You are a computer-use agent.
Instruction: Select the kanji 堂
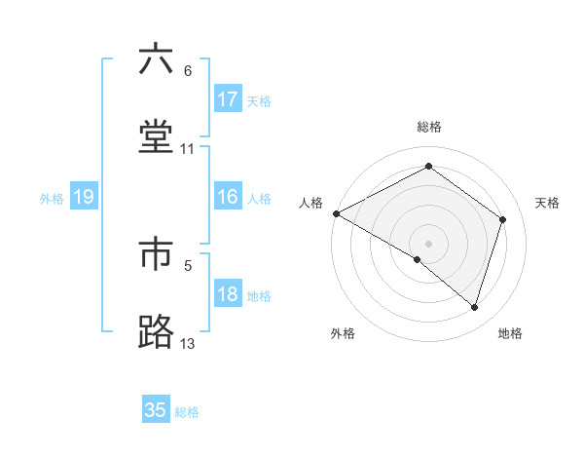[x=156, y=136]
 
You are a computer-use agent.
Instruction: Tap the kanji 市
[x=156, y=254]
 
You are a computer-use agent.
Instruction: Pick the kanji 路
[x=156, y=331]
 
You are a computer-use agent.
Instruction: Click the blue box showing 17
[x=228, y=99]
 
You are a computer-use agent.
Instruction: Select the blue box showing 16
[x=228, y=197]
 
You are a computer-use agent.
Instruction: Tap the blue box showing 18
[x=228, y=294]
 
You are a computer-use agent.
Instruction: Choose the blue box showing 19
[x=84, y=197]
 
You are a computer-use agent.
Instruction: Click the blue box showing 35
[x=156, y=410]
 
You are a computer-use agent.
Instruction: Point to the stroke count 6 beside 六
[x=187, y=71]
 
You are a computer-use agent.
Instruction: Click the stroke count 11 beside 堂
[x=187, y=149]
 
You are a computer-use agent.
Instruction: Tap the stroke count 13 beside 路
[x=187, y=343]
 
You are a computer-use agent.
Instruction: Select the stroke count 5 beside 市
[x=187, y=264]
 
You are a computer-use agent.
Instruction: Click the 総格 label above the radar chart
[x=429, y=127]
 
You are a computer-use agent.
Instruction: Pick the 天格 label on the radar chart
[x=548, y=203]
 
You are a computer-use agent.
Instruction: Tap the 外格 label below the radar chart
[x=343, y=333]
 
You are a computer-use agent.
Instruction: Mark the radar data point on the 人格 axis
[x=336, y=213]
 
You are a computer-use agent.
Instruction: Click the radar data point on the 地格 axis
[x=474, y=307]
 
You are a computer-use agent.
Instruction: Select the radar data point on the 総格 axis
[x=428, y=167]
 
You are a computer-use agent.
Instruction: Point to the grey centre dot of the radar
[x=428, y=243]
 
